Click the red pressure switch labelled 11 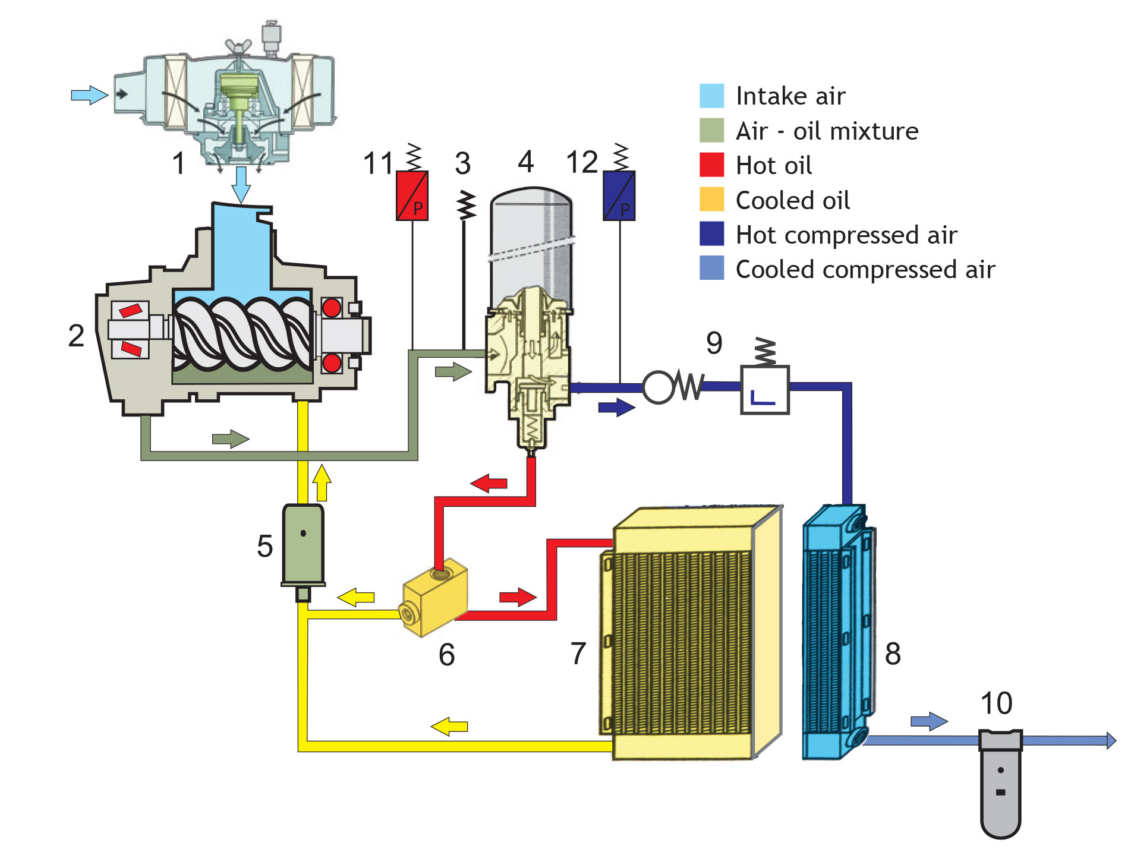click(x=412, y=196)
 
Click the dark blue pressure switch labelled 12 click(x=619, y=196)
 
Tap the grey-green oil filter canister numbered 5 click(x=303, y=544)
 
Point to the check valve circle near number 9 click(x=658, y=387)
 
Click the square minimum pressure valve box click(x=764, y=390)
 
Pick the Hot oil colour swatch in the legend click(x=711, y=165)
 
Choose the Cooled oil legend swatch click(x=711, y=200)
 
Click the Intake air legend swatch click(x=711, y=96)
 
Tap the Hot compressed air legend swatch click(x=711, y=234)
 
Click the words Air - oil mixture click(x=826, y=131)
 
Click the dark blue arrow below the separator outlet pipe click(x=616, y=408)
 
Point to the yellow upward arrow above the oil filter click(x=322, y=482)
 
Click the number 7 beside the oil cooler click(x=578, y=654)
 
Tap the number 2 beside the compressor click(x=76, y=336)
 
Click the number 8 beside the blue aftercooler click(x=892, y=654)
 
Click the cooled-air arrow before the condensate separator click(x=928, y=722)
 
